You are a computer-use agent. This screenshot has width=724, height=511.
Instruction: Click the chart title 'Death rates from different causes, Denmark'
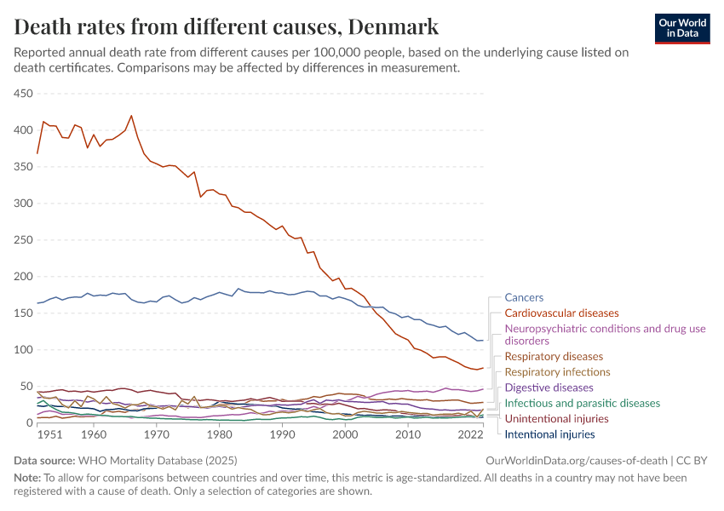pos(226,26)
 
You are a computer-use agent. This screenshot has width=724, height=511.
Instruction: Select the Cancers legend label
pos(524,298)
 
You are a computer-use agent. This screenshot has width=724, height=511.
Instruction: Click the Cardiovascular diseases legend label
pos(561,313)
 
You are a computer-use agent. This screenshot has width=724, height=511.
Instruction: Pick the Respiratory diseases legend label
pos(554,357)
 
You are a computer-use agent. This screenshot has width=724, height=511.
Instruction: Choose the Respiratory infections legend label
pos(557,372)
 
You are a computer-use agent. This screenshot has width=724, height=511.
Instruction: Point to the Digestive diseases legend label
pos(549,388)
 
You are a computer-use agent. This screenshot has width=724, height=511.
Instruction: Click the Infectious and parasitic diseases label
pos(582,403)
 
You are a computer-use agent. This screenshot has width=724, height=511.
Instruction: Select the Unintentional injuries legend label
pos(556,419)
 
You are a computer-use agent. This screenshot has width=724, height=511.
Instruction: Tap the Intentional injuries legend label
pos(549,434)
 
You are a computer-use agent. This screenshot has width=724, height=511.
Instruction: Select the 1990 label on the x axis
pos(282,434)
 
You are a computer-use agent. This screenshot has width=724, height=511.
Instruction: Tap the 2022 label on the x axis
pos(471,434)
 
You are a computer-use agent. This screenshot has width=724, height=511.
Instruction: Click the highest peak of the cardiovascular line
pos(131,116)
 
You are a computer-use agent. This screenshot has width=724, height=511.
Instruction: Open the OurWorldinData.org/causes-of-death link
pos(576,461)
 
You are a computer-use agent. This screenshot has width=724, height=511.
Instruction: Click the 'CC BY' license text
pos(692,461)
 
